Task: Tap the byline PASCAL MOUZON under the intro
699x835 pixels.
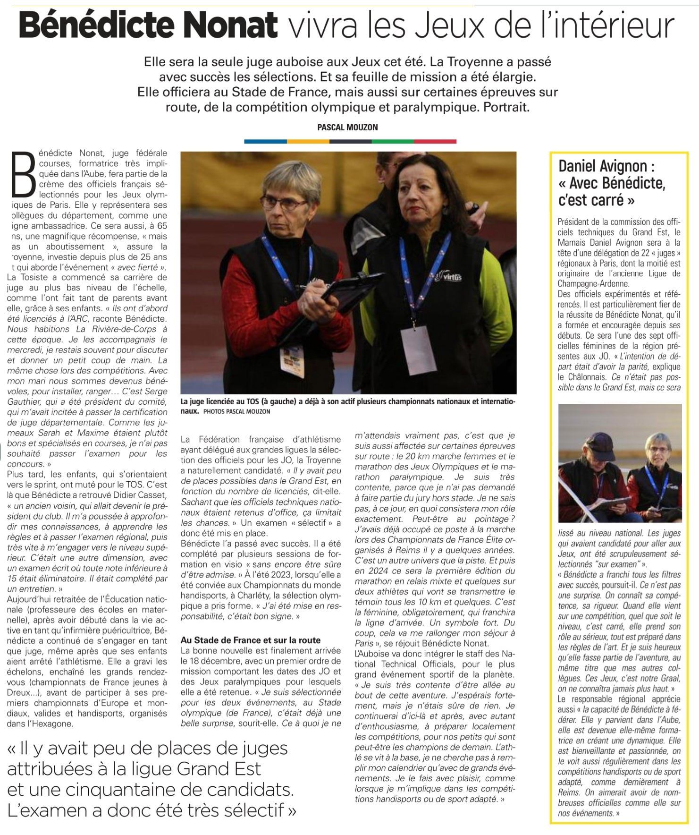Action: tap(348, 127)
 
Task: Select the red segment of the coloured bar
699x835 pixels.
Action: tap(435, 141)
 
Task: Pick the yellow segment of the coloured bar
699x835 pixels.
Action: tap(308, 141)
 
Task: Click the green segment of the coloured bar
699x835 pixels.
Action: tap(392, 141)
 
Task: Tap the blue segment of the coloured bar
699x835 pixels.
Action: tap(265, 141)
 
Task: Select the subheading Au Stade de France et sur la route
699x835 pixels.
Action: tap(251, 640)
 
